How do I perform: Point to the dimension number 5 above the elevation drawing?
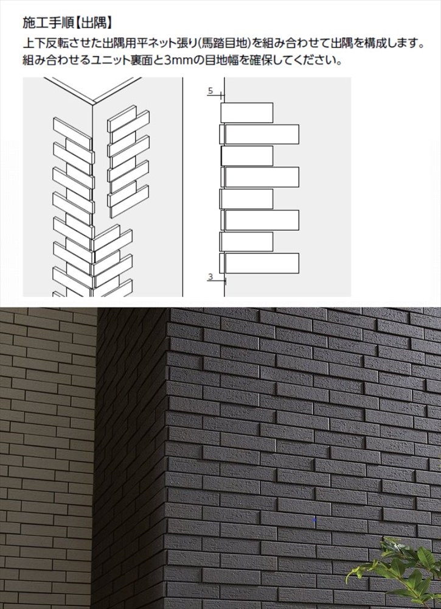point(210,91)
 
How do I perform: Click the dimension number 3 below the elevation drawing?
point(210,276)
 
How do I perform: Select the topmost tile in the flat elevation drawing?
point(247,113)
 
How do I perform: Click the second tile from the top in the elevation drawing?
point(259,134)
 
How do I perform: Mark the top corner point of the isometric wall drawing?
point(94,104)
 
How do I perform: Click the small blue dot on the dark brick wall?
point(314,519)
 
